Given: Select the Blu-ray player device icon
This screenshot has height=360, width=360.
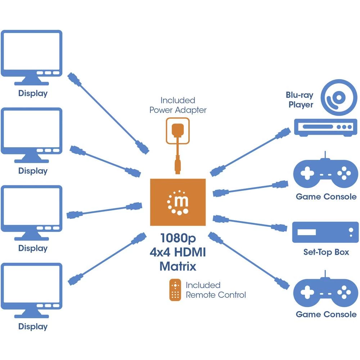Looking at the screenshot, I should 325,126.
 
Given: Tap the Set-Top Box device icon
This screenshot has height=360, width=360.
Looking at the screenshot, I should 325,232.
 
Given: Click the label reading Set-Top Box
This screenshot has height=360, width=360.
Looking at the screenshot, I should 326,252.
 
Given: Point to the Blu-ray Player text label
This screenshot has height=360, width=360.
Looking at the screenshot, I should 300,100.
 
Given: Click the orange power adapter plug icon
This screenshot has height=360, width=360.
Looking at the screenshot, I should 177,130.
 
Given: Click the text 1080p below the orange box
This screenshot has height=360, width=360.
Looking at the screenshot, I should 178,238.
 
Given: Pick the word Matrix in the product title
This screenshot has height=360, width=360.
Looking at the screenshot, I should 178,266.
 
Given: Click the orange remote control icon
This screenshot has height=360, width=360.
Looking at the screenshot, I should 175,290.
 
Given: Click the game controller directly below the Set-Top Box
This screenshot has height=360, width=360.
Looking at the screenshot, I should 325,291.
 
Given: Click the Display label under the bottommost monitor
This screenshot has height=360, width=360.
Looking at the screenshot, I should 33,327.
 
